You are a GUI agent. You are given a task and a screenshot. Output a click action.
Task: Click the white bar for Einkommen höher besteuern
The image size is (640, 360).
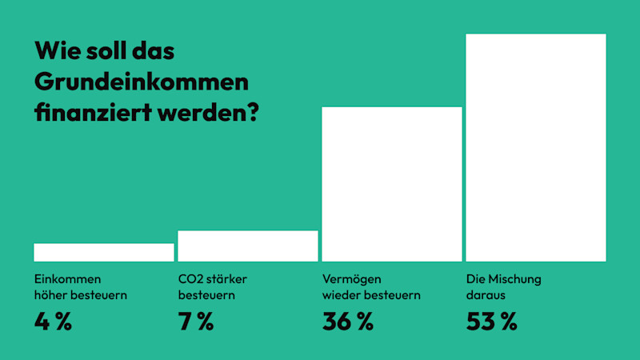pos(104,252)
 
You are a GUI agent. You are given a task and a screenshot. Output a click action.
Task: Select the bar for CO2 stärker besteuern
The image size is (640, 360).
pos(248,246)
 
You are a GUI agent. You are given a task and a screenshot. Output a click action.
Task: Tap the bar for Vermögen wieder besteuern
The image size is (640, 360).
pos(392,184)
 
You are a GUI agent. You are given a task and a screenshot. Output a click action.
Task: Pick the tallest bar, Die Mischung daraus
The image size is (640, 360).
pos(536,148)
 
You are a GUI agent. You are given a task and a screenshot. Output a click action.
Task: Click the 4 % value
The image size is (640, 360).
pos(53,322)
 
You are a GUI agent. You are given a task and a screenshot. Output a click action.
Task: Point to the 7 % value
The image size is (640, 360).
pos(196,322)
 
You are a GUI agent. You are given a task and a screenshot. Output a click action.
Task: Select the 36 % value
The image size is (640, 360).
pos(348,322)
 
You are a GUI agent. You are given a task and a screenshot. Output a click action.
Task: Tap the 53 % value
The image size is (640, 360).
pos(492,322)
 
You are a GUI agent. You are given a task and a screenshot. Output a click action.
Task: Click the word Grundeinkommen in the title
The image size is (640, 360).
pos(142,82)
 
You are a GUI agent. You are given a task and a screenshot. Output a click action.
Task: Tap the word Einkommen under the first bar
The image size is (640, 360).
pos(67,280)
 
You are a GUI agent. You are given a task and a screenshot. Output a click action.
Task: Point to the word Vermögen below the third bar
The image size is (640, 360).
pos(352,280)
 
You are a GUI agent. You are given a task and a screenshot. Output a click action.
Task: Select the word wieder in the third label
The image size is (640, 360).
pos(340,295)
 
